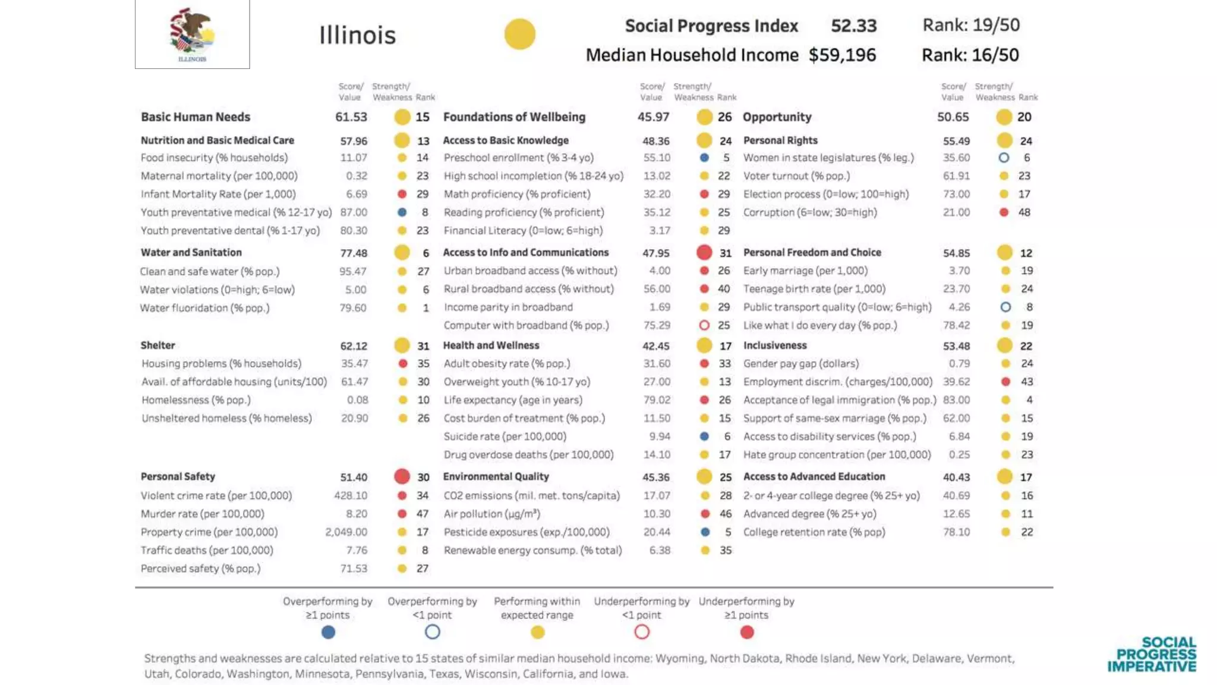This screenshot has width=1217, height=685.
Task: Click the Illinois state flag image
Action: [192, 34]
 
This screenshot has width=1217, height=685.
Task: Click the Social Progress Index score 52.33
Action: [853, 26]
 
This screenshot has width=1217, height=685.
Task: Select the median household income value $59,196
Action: [842, 55]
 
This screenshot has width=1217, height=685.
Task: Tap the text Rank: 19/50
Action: [971, 25]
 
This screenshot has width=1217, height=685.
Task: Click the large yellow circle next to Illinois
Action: [520, 34]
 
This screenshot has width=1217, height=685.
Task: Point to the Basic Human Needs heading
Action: [196, 117]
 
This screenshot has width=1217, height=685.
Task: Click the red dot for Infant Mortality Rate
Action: [402, 194]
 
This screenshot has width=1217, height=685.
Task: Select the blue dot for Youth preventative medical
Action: [402, 212]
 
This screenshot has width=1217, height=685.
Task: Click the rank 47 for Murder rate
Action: [423, 514]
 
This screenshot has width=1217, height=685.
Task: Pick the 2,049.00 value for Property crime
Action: [346, 532]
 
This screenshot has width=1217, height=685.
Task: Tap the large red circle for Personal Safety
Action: [402, 476]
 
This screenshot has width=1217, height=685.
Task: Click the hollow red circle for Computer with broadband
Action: [704, 325]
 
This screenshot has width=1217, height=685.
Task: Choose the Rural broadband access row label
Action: [528, 289]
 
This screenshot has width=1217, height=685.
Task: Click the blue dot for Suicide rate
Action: [704, 436]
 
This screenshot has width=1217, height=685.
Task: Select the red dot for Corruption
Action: [1004, 212]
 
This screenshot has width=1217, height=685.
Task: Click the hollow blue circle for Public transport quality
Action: [1005, 307]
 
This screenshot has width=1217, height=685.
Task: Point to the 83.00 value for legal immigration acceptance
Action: [956, 400]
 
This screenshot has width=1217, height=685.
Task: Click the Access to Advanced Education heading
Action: [814, 477]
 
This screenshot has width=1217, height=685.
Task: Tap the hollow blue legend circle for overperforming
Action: [433, 632]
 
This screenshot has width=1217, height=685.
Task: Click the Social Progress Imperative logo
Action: [1152, 654]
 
